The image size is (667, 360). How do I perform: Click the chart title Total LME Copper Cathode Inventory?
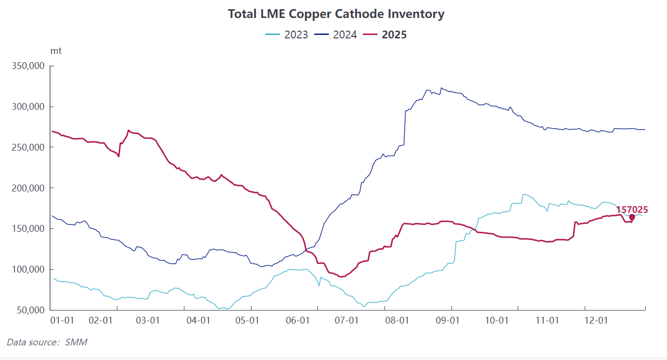[x=336, y=14]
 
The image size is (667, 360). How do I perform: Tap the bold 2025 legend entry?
[x=386, y=34]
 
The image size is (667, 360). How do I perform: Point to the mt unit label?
[x=56, y=51]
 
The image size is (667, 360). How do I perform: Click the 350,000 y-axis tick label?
[x=28, y=66]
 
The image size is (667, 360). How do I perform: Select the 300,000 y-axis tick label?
[x=28, y=107]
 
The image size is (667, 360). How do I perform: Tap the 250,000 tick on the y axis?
[x=28, y=147]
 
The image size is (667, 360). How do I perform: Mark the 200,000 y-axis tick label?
[x=28, y=188]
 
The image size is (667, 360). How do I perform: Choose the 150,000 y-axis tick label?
[x=28, y=229]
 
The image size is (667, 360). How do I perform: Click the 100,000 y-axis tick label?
[x=28, y=269]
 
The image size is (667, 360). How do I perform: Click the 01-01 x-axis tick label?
[x=62, y=321]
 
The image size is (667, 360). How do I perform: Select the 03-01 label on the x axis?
[x=148, y=321]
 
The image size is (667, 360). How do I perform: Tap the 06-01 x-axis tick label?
[x=298, y=321]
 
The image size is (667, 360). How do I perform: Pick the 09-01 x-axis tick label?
[x=447, y=321]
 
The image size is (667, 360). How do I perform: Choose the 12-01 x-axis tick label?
[x=596, y=321]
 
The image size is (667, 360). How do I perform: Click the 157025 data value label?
[x=632, y=210]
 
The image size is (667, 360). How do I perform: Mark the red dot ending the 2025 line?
[x=632, y=218]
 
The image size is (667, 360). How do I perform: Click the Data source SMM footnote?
[x=47, y=342]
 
